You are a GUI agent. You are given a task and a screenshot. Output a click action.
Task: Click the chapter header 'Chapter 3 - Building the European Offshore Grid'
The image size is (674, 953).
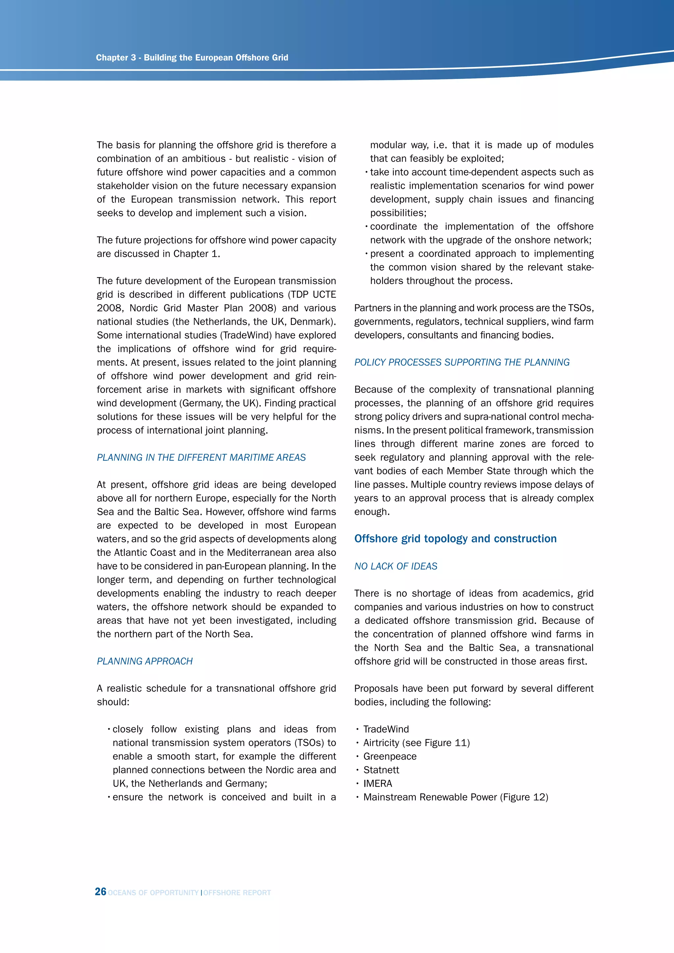[192, 58]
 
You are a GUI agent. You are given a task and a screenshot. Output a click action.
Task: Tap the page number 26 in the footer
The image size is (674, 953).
[100, 891]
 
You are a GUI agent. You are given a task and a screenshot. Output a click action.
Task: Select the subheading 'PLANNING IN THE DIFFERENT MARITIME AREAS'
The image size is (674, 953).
[201, 457]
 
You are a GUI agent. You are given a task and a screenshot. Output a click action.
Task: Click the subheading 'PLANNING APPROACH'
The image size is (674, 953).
[145, 661]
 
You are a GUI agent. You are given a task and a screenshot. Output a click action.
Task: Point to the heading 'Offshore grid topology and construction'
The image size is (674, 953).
[455, 539]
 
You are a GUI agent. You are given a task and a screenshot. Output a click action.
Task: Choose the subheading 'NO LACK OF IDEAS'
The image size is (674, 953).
[396, 566]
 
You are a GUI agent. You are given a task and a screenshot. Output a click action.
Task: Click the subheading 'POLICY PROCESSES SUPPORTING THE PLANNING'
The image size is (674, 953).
[461, 362]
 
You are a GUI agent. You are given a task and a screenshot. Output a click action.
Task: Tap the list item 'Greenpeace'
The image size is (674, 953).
[390, 756]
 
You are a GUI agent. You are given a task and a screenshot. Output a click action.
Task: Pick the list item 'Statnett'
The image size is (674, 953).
[381, 770]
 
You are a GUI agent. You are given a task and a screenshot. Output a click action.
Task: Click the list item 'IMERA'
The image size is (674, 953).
[378, 784]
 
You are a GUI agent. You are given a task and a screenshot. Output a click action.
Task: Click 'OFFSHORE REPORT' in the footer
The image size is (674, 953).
[237, 893]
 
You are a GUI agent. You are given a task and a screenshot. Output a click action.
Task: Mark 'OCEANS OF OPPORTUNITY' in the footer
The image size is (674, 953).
[153, 893]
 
